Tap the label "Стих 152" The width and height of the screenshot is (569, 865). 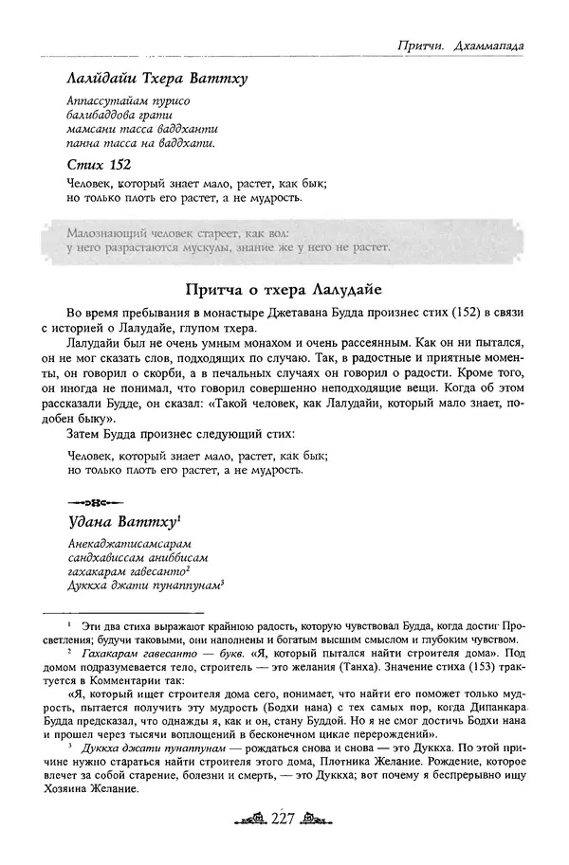pyautogui.click(x=99, y=164)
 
